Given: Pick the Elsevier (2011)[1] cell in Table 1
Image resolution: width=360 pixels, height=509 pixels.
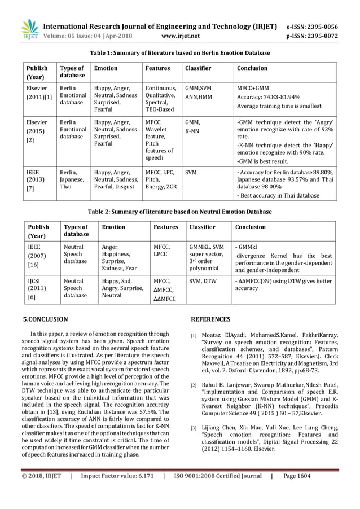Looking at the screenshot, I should (x=38, y=93).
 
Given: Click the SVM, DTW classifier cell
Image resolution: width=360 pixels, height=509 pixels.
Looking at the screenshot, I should (x=203, y=280).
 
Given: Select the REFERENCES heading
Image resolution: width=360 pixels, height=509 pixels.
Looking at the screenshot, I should (x=210, y=319).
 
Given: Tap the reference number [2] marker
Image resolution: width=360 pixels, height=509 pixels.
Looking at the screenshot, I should (x=194, y=385).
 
